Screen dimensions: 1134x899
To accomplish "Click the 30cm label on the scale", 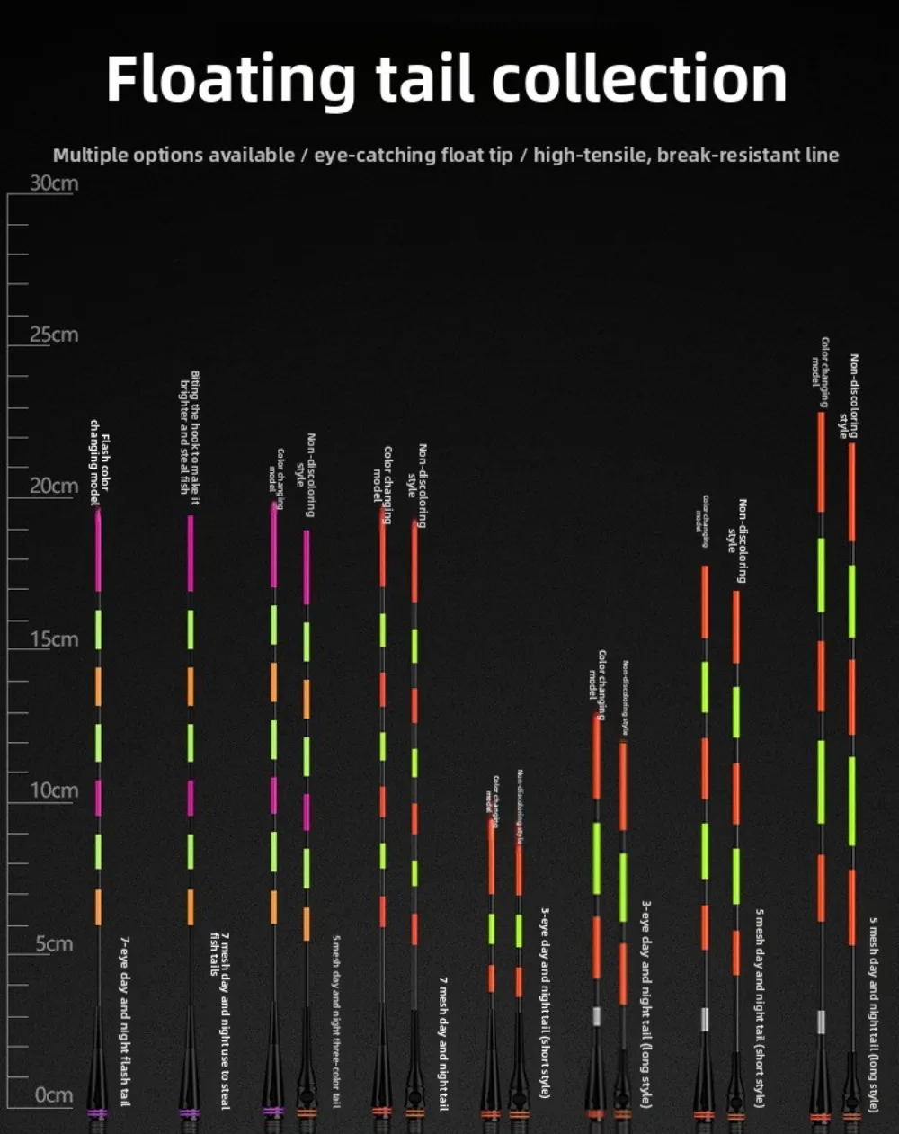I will coord(54,183).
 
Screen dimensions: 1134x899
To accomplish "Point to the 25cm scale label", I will coord(54,335).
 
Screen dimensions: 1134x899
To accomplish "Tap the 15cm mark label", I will coord(54,639).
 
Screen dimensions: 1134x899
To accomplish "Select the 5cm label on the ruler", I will coord(54,944).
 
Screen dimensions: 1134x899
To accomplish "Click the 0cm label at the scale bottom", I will coord(54,1095).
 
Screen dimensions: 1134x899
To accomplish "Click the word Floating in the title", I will coord(230,79).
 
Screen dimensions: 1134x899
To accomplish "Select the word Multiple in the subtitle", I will coord(91,156).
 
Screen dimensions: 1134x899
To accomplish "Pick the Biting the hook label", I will coord(189,432).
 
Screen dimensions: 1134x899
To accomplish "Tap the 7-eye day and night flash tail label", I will coord(125,1021).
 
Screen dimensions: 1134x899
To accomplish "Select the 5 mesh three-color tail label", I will coord(336,1021).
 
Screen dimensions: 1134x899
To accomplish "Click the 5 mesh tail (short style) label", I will coord(760,1007).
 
